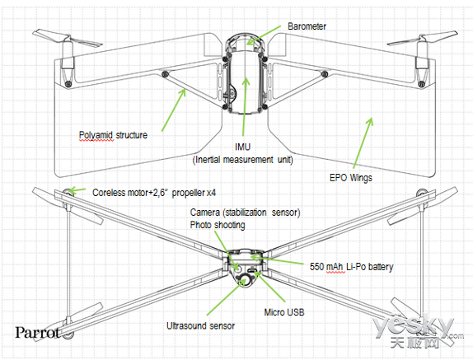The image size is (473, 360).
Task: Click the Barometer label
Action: pos(307,26)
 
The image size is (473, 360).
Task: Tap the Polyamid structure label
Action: pos(113,135)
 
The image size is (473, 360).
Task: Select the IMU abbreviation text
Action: pos(243,147)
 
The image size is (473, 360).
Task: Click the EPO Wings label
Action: pos(351,178)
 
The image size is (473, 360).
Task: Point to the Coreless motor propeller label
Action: pos(154,193)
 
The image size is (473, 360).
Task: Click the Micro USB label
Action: pos(284,312)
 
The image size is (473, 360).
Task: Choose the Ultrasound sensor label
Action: pos(200,326)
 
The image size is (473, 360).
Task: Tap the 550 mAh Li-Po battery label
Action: pos(351,267)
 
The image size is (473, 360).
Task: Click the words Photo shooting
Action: pos(218,225)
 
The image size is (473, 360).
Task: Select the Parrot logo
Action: pos(37,333)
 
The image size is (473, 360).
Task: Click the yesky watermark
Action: pos(418,330)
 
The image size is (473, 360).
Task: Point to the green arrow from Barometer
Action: pos(264,35)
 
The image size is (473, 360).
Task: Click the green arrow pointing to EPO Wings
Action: pos(363,143)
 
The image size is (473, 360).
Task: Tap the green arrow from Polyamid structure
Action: pos(174,110)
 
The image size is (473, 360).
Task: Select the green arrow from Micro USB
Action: pos(269,287)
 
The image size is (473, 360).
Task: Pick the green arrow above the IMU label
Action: pos(245,107)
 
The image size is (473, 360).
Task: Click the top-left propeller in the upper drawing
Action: pos(68,40)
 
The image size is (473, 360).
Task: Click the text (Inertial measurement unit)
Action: pos(243,160)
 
